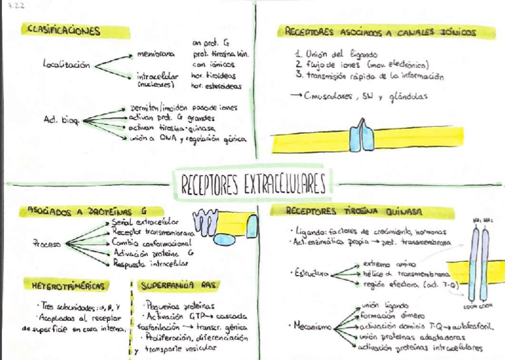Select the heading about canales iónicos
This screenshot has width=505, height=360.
381,33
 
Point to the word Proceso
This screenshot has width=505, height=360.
48,243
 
